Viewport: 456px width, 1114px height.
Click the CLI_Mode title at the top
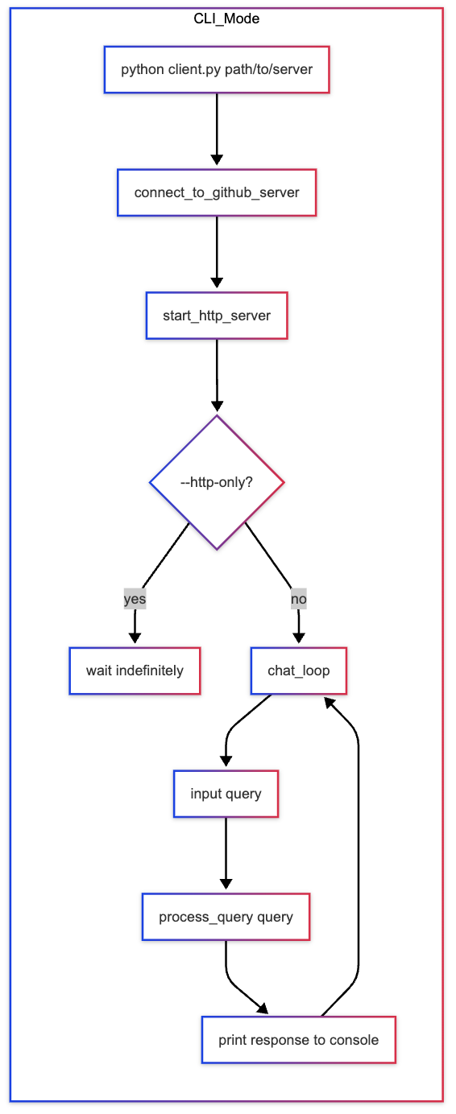pyautogui.click(x=226, y=18)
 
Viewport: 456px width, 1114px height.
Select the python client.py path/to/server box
pyautogui.click(x=217, y=69)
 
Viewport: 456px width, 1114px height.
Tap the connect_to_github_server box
pyautogui.click(x=217, y=192)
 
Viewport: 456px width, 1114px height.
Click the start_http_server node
pyautogui.click(x=217, y=315)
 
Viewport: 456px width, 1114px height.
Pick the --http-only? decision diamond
pyautogui.click(x=217, y=482)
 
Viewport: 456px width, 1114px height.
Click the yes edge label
pyautogui.click(x=135, y=599)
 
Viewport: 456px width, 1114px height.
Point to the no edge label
pyautogui.click(x=298, y=599)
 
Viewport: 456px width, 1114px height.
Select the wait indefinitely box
pyautogui.click(x=135, y=670)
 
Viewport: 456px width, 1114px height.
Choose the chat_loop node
pyautogui.click(x=299, y=670)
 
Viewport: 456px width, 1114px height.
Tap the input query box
pyautogui.click(x=226, y=794)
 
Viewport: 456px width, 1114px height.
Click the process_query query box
pyautogui.click(x=226, y=917)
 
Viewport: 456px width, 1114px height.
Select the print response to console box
pyautogui.click(x=298, y=1040)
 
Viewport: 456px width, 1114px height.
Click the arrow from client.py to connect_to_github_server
pyautogui.click(x=217, y=129)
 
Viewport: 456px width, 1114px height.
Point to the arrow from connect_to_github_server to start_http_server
pyautogui.click(x=217, y=251)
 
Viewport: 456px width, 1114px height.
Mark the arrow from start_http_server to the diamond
pyautogui.click(x=217, y=374)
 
